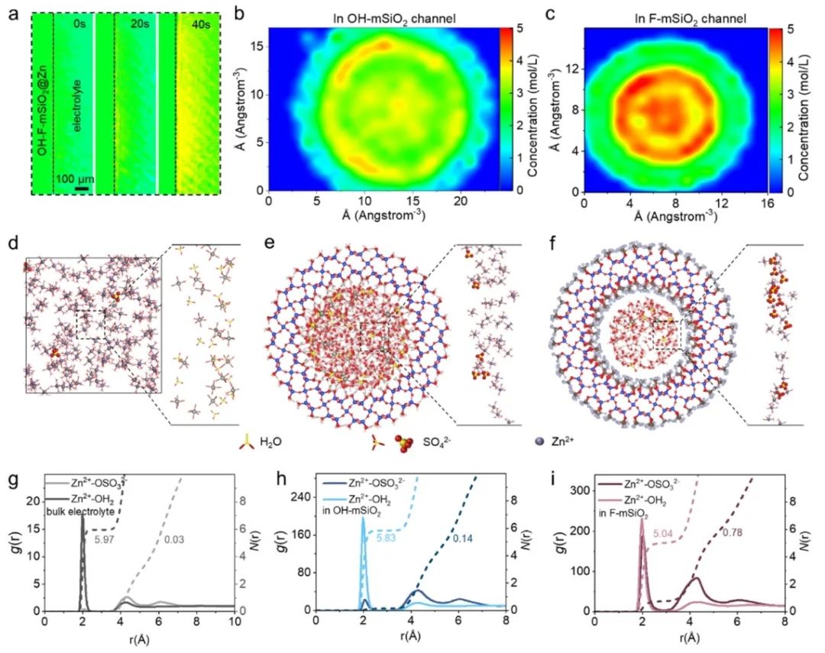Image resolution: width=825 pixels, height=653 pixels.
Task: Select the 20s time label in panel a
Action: (140, 24)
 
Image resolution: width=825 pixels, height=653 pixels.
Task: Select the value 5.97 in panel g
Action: (105, 539)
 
